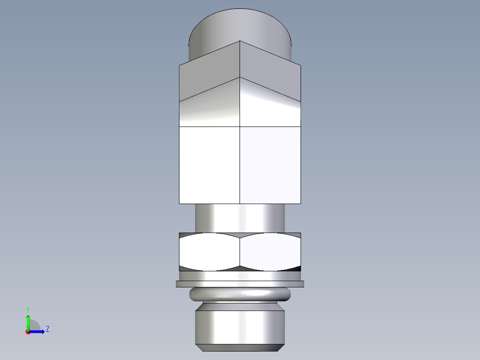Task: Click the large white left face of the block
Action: click(x=209, y=165)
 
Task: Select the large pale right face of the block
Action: click(x=270, y=165)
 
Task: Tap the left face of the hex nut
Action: click(x=209, y=252)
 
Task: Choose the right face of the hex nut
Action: click(x=270, y=252)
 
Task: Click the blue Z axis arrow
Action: click(x=38, y=331)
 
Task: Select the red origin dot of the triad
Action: click(x=28, y=332)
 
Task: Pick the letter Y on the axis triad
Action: click(x=28, y=309)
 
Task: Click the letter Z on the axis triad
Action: click(x=47, y=329)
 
